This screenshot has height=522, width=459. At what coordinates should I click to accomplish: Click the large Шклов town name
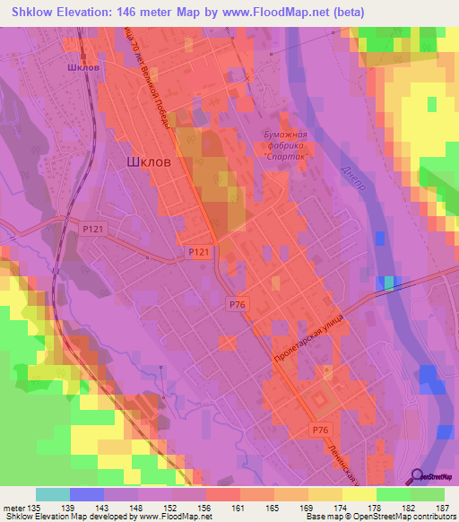(x=143, y=162)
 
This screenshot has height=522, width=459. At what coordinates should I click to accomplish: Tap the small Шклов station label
(x=83, y=66)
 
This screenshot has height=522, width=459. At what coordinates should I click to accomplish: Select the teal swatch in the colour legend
(x=52, y=494)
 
